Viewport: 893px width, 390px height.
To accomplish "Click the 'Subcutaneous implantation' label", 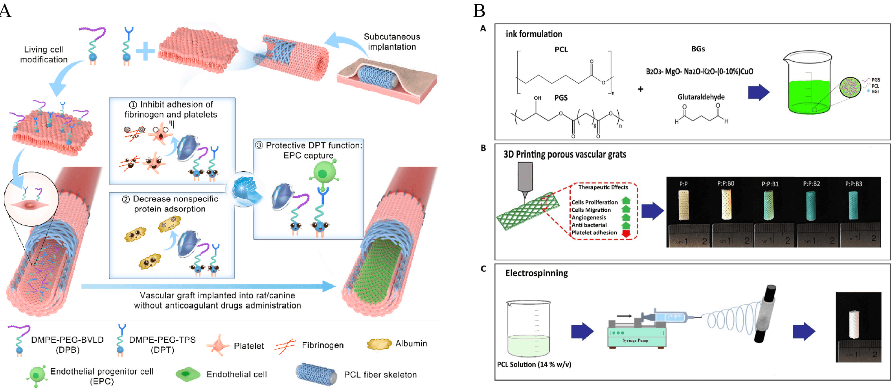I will click(391, 42).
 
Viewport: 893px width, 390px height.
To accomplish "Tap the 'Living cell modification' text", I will click(44, 55).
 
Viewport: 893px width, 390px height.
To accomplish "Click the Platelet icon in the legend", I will click(217, 345).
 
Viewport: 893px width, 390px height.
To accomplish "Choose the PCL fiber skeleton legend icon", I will click(316, 374).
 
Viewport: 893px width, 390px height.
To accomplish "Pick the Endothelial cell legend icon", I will click(188, 375).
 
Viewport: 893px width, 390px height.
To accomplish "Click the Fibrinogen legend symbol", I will click(285, 346).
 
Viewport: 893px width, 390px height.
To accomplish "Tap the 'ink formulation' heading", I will click(533, 34).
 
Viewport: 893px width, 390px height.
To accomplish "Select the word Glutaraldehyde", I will click(701, 97).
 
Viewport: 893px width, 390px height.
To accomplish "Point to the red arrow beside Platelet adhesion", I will click(626, 233).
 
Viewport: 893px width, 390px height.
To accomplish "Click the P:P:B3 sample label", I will click(853, 184).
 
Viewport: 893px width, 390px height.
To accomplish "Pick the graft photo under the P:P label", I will click(684, 205).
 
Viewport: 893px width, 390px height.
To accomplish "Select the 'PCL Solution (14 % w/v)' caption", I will click(534, 364).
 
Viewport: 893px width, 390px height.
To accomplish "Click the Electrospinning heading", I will click(536, 273).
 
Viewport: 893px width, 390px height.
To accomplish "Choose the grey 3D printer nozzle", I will click(525, 179).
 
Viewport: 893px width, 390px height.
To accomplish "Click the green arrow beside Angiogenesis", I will click(626, 217).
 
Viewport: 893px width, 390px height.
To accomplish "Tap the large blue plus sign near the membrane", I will click(145, 51).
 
